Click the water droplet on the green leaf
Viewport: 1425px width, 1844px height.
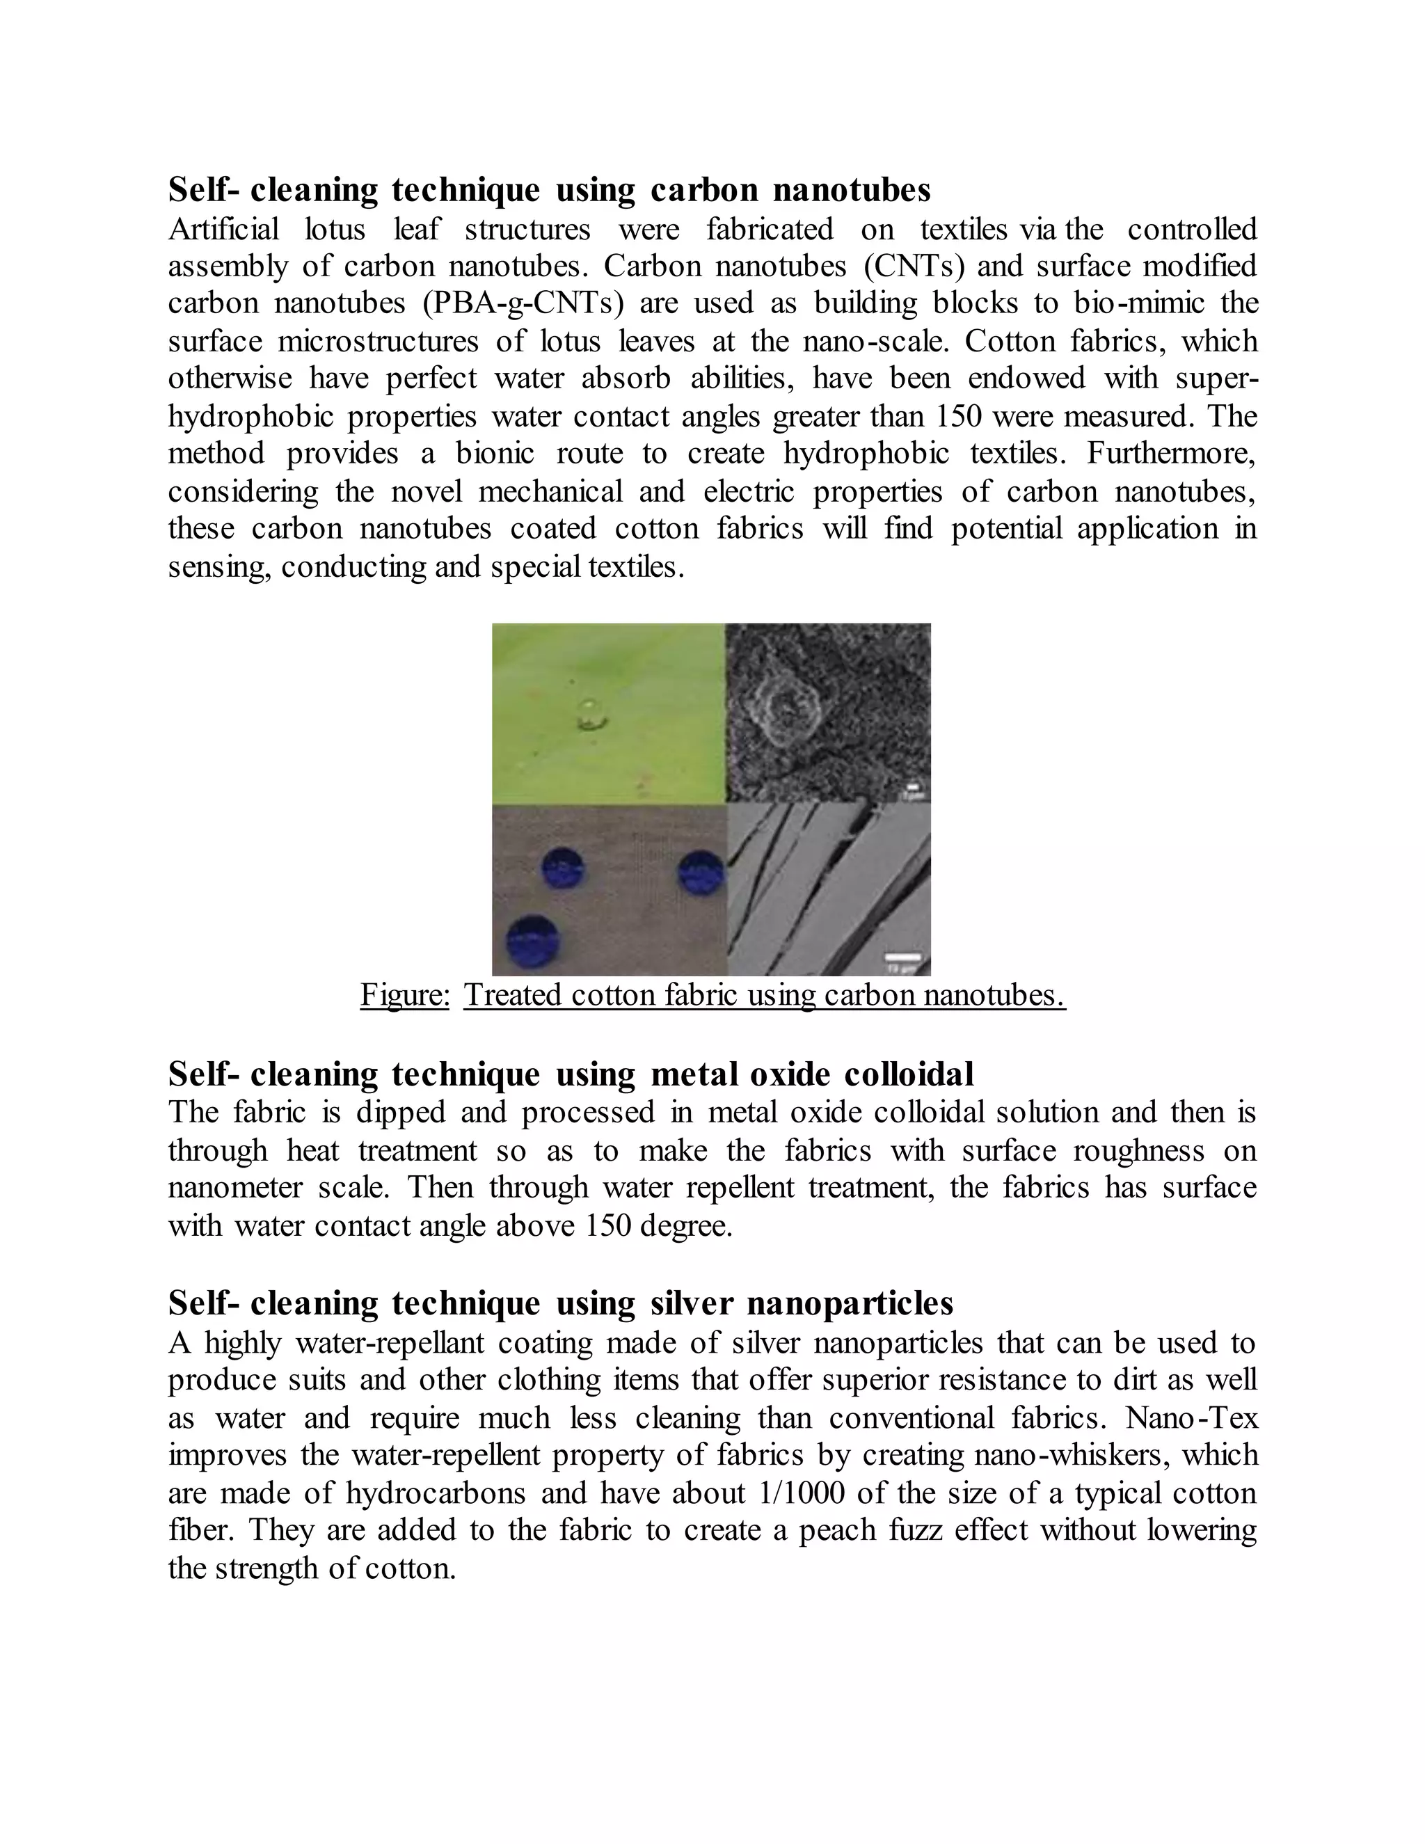[590, 715]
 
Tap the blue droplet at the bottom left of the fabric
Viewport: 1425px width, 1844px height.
[532, 942]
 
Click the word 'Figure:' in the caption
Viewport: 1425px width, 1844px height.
[405, 994]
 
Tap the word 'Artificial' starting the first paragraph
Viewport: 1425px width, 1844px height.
[224, 229]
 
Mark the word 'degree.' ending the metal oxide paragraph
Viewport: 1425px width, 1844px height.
[686, 1225]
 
